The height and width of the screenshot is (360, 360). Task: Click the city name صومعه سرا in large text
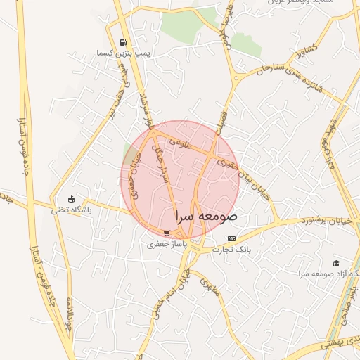coord(205,217)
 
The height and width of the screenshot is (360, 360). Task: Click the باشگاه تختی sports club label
coord(71,209)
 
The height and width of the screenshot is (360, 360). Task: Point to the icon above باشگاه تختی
coord(70,198)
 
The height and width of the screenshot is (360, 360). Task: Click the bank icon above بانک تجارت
coord(231,239)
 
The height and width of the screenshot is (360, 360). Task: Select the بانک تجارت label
coord(236,250)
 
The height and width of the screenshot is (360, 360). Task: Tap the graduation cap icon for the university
coord(335,263)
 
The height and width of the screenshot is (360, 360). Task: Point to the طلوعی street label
coord(181,142)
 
